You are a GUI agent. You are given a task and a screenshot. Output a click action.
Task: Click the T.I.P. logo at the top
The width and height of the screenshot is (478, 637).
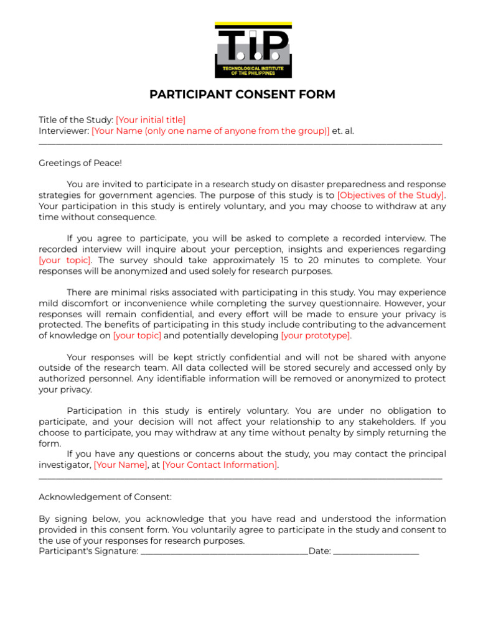pos(253,50)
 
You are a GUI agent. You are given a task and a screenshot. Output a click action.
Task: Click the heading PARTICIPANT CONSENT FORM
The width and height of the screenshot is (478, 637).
pos(242,95)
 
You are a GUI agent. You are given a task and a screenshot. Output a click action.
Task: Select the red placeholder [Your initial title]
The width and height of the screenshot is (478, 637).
pos(151,120)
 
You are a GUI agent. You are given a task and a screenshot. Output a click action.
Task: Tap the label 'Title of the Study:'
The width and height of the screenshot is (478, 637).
pos(76,120)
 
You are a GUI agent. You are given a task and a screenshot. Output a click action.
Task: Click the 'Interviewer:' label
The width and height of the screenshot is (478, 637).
pos(64,131)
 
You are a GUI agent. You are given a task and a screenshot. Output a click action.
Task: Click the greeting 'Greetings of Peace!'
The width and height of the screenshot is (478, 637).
pos(80,163)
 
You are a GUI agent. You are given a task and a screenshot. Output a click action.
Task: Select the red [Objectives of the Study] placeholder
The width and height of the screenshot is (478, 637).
pos(391,195)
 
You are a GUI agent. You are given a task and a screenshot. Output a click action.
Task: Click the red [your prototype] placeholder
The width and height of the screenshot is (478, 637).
pos(316,336)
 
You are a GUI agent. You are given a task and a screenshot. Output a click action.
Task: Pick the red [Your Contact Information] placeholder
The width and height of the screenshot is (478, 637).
pos(220,465)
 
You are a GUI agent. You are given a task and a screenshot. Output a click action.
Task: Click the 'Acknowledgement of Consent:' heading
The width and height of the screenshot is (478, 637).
pos(105,498)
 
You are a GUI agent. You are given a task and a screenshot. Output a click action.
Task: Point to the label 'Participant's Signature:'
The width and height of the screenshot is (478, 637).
pos(88,552)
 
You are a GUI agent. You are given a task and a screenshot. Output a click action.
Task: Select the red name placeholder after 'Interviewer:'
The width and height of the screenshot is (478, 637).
pos(210,131)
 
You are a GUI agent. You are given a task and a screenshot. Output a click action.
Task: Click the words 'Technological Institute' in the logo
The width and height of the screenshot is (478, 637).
pos(253,68)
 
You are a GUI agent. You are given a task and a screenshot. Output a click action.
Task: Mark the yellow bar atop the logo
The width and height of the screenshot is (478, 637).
pos(253,26)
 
